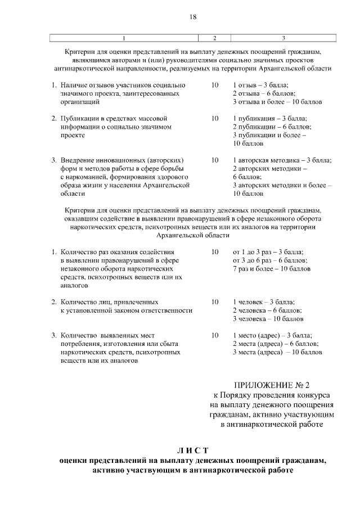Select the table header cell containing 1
click(124, 38)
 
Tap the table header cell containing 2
click(214, 38)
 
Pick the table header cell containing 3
click(283, 38)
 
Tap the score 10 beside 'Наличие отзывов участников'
click(214, 85)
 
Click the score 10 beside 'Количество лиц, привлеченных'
click(214, 302)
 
